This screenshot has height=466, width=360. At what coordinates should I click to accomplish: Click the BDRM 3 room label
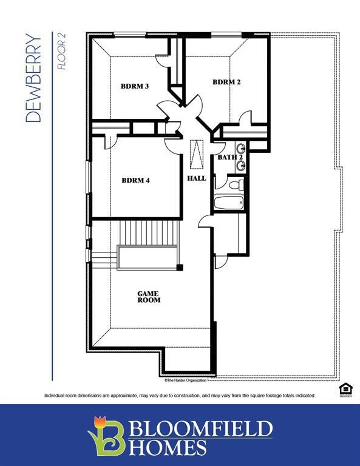pyautogui.click(x=135, y=86)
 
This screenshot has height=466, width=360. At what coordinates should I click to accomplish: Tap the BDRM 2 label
pyautogui.click(x=226, y=82)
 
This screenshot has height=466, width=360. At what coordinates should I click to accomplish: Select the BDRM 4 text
pyautogui.click(x=135, y=180)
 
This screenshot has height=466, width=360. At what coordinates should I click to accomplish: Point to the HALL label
pyautogui.click(x=196, y=178)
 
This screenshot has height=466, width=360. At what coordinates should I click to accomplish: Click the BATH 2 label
pyautogui.click(x=230, y=158)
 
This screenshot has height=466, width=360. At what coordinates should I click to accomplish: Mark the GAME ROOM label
pyautogui.click(x=149, y=297)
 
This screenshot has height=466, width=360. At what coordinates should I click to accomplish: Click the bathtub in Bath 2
pyautogui.click(x=229, y=203)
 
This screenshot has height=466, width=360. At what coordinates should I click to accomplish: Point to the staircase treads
pyautogui.click(x=149, y=233)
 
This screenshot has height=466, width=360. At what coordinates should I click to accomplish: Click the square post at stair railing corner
pyautogui.click(x=180, y=267)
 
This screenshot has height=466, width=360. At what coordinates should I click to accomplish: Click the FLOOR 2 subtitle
pyautogui.click(x=61, y=52)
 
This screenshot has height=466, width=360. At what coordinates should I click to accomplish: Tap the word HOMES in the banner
pyautogui.click(x=168, y=448)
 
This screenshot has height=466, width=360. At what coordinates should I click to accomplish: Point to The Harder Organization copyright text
pyautogui.click(x=186, y=380)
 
